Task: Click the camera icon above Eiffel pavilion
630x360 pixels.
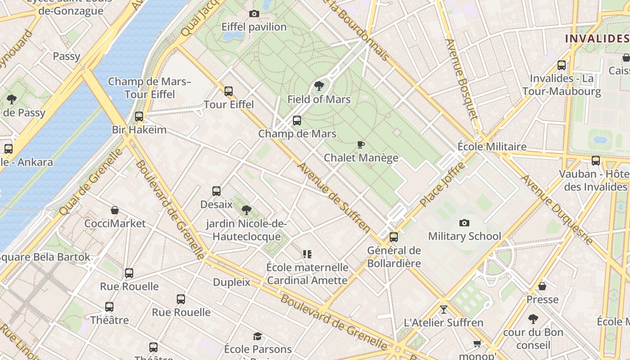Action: point(254,14)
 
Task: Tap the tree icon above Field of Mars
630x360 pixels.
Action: point(319,86)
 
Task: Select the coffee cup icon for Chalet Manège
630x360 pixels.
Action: point(360,144)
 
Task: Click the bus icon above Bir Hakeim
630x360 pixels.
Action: point(139,117)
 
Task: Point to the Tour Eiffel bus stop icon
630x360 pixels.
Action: point(229,91)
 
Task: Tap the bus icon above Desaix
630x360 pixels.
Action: point(216,191)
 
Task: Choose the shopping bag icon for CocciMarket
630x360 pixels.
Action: point(115,210)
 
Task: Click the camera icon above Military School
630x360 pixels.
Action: point(464,223)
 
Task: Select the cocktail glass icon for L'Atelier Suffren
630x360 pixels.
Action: point(444,309)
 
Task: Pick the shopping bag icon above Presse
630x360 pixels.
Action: point(542,286)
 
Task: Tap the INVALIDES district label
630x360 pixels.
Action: point(597,38)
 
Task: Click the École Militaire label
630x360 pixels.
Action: point(492,147)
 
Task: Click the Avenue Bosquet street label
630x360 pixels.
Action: point(461,79)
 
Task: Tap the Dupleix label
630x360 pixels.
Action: point(231,282)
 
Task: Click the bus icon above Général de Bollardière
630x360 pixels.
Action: point(394,237)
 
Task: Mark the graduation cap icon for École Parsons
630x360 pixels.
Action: point(257,336)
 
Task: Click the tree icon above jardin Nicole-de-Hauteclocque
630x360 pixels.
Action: point(246,210)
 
